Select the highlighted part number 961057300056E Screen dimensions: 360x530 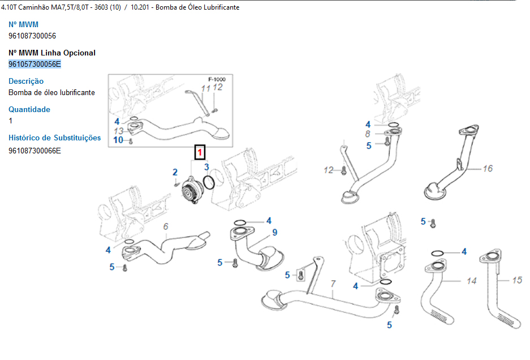click(35, 64)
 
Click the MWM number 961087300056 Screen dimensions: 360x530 click(32, 36)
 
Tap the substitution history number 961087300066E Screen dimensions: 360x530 click(35, 150)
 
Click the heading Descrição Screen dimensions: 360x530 click(26, 81)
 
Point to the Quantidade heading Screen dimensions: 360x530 click(29, 109)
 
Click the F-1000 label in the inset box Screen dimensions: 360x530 click(217, 79)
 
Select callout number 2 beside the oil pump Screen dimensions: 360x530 click(175, 172)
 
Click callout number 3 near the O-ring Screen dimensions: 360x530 click(207, 167)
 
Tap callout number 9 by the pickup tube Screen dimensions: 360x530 click(274, 232)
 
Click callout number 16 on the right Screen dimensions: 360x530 click(488, 168)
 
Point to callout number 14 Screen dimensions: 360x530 click(472, 281)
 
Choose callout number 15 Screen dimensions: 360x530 click(517, 280)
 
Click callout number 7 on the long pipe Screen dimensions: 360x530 click(333, 283)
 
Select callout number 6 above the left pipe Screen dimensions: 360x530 click(166, 227)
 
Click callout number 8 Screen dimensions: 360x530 click(368, 134)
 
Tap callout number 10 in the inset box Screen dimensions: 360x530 click(118, 140)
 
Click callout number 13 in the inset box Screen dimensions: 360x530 click(118, 131)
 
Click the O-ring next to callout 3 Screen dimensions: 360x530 click(209, 182)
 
